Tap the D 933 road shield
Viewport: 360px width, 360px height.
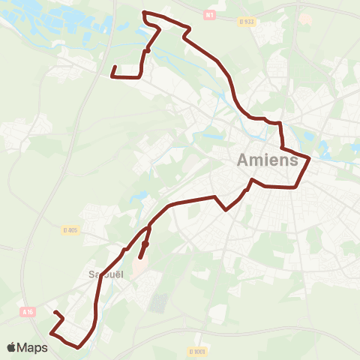pos(248,22)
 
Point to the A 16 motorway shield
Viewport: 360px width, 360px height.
pos(28,310)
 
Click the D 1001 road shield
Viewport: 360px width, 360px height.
pos(196,350)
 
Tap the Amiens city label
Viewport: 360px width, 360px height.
pos(267,160)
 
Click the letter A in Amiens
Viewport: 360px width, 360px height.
pos(244,160)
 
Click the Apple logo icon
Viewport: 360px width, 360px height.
pos(12,347)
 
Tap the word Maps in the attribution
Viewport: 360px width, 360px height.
pos(33,347)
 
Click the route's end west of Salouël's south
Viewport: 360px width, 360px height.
pos(55,311)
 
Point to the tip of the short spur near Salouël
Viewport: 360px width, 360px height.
pos(140,258)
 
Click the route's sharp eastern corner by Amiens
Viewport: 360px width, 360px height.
pos(309,158)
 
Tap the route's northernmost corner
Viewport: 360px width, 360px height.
pos(143,12)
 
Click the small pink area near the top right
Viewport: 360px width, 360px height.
pos(305,16)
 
